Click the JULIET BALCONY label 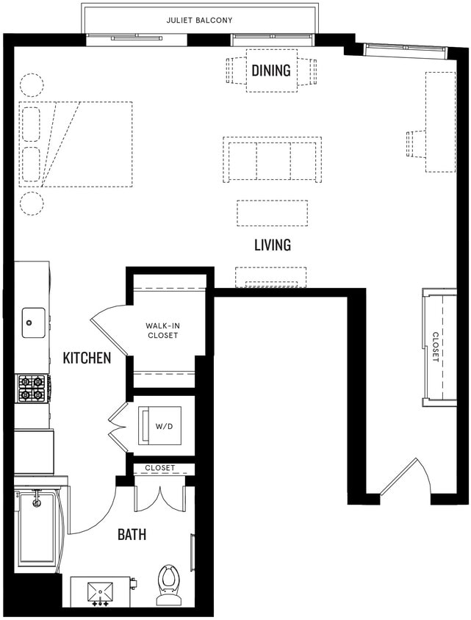coord(200,20)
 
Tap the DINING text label coord(271,71)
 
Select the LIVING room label coord(272,245)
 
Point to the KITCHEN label coord(87,358)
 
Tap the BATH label coord(132,534)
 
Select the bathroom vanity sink coord(99,592)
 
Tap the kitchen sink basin coord(32,322)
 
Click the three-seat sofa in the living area coord(272,159)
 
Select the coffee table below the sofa coord(272,213)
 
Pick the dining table coord(271,71)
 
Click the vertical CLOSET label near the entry coord(435,347)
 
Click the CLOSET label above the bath coord(159,468)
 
